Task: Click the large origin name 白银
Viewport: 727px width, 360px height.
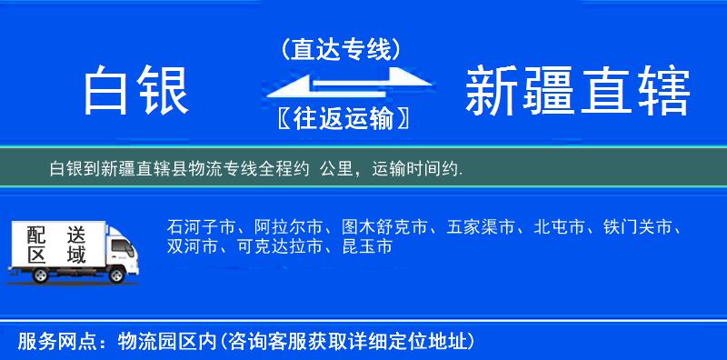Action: (x=135, y=92)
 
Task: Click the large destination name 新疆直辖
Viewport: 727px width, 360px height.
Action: (x=578, y=92)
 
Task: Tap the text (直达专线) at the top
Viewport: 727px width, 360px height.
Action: (x=341, y=49)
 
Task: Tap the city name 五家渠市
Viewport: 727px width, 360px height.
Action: (x=482, y=226)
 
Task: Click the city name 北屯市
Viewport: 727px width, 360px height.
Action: (x=560, y=226)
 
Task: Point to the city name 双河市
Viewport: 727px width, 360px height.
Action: (x=193, y=246)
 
